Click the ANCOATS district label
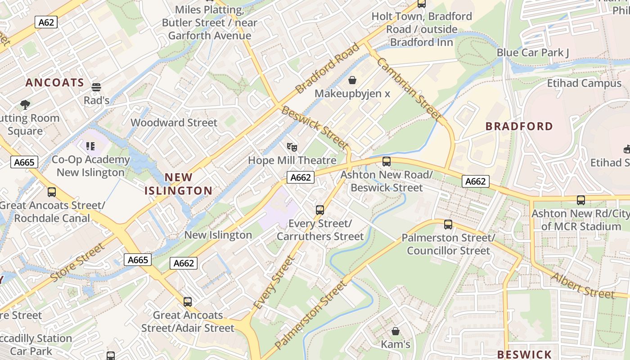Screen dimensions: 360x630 [x=54, y=82]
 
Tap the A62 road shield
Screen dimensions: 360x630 [x=46, y=22]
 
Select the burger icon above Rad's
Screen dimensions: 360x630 [x=96, y=87]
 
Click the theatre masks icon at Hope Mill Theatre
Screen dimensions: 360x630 [x=292, y=147]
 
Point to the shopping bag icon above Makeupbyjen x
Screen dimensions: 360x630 [x=352, y=81]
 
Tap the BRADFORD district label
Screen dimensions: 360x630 [x=519, y=126]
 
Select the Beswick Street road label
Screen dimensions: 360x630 [x=315, y=127]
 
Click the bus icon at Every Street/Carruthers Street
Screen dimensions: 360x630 [x=320, y=210]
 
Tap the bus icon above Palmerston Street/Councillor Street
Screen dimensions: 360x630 [x=448, y=224]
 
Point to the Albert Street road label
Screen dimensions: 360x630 [x=582, y=285]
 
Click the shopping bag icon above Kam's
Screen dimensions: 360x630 [x=396, y=331]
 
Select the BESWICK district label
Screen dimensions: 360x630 [x=524, y=354]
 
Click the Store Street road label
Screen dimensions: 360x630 [x=77, y=262]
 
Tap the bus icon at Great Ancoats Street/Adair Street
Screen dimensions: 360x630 [x=188, y=301]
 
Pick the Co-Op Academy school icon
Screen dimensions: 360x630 [x=90, y=146]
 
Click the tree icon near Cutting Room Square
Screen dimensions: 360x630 [x=25, y=105]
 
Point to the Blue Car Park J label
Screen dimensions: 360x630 [x=532, y=53]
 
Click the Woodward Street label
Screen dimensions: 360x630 [x=174, y=122]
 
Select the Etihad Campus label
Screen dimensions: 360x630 [x=584, y=83]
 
